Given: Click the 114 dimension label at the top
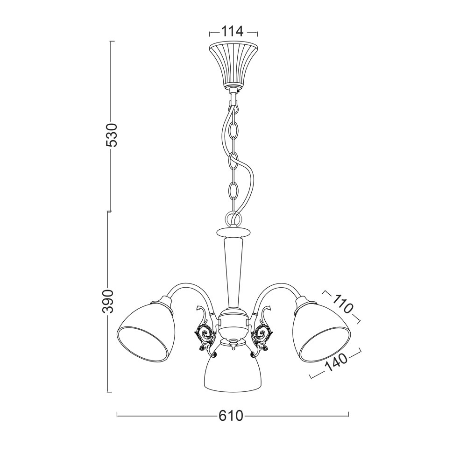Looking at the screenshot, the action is point(232,31).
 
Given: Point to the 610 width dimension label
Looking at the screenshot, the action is point(231,415).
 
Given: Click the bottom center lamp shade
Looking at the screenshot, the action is point(233,369).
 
